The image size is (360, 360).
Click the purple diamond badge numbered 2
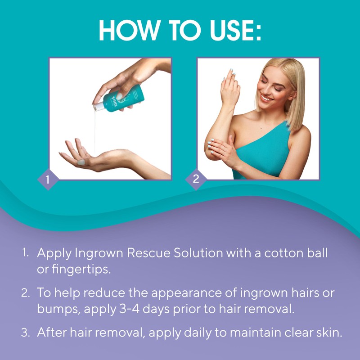click(196, 179)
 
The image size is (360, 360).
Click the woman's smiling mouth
click(267, 97)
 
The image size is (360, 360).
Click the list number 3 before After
click(25, 333)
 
